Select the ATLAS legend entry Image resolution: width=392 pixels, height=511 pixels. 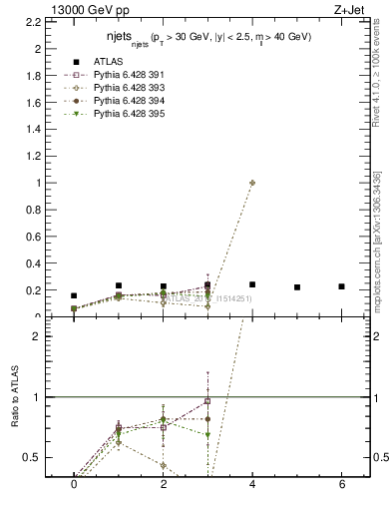(x=109, y=62)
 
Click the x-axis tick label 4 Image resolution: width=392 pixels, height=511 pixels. (x=252, y=484)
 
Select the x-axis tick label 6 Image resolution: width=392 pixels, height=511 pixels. (x=342, y=484)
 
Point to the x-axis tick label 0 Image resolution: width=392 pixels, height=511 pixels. (x=74, y=484)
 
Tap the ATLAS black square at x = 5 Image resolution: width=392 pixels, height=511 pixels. (x=297, y=287)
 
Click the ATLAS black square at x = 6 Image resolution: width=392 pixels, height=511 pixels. (x=342, y=286)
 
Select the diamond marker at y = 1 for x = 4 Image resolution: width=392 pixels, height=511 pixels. (x=252, y=183)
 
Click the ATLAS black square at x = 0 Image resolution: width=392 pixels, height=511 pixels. (x=74, y=295)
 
